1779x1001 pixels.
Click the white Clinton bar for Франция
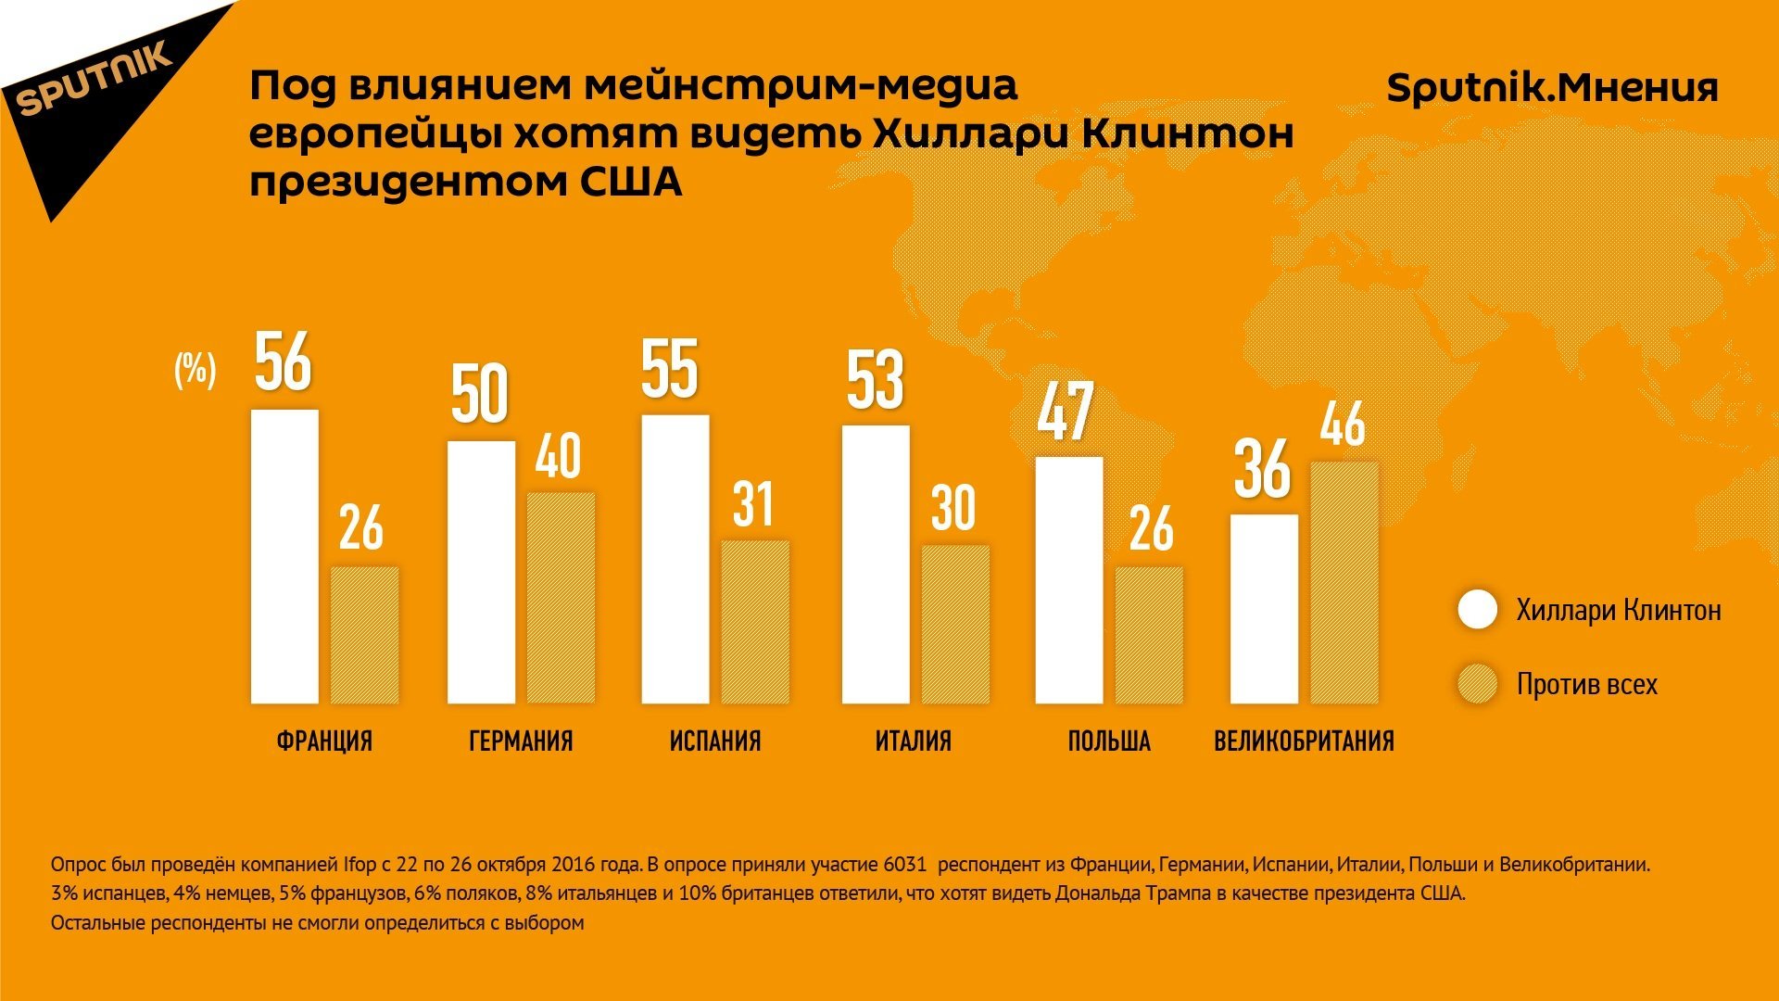[x=284, y=556]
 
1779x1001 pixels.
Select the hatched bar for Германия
[x=561, y=598]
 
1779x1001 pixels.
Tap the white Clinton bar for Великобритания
[x=1264, y=609]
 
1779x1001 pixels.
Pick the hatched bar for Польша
[x=1149, y=635]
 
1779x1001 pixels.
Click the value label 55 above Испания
[x=670, y=369]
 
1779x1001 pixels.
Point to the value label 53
[x=875, y=380]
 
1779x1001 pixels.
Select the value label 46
[x=1343, y=424]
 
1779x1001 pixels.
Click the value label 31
[x=752, y=505]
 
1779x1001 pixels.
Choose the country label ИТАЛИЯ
[x=913, y=741]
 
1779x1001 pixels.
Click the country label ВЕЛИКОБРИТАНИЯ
[x=1304, y=741]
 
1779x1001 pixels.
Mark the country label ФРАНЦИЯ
[x=324, y=741]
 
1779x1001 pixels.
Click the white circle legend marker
[x=1477, y=610]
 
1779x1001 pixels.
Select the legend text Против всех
[x=1586, y=685]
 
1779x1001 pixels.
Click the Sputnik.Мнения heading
[x=1552, y=89]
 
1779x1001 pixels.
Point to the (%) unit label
[x=195, y=370]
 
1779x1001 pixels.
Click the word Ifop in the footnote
[x=360, y=865]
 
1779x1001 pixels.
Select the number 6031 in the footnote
[x=904, y=865]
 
